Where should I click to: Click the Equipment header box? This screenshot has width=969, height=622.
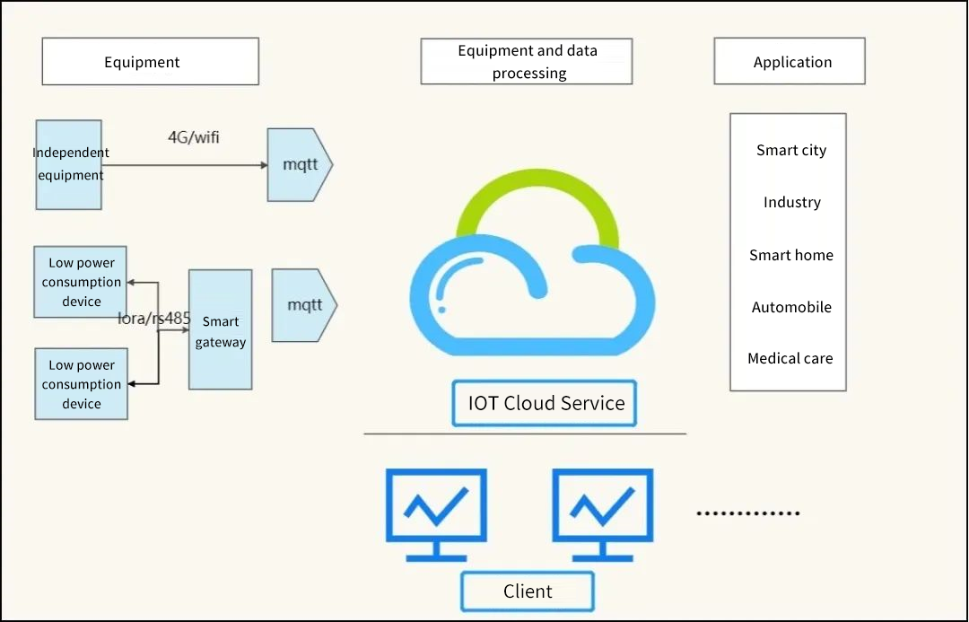click(150, 62)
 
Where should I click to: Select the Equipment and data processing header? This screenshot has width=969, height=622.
click(527, 62)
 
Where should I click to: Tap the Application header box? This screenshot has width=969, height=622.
click(790, 62)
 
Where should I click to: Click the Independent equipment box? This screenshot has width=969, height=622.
click(68, 164)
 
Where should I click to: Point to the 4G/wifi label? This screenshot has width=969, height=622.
click(194, 138)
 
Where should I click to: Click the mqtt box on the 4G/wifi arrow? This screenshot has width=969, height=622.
click(300, 165)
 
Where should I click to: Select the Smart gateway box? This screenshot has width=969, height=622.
click(220, 330)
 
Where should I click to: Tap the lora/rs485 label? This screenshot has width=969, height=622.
click(154, 318)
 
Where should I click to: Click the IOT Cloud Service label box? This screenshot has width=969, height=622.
click(545, 403)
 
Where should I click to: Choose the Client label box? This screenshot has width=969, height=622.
click(528, 591)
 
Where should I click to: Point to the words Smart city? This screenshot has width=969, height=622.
click(790, 151)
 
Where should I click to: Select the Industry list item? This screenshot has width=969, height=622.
click(791, 203)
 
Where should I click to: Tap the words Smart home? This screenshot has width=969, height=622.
click(790, 256)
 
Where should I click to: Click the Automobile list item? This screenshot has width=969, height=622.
click(790, 308)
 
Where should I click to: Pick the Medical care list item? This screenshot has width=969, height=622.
click(790, 359)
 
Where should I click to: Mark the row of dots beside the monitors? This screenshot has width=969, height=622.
click(748, 513)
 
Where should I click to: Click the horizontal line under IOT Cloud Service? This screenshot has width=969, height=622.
click(525, 434)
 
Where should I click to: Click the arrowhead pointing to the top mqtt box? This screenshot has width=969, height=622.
click(264, 165)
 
